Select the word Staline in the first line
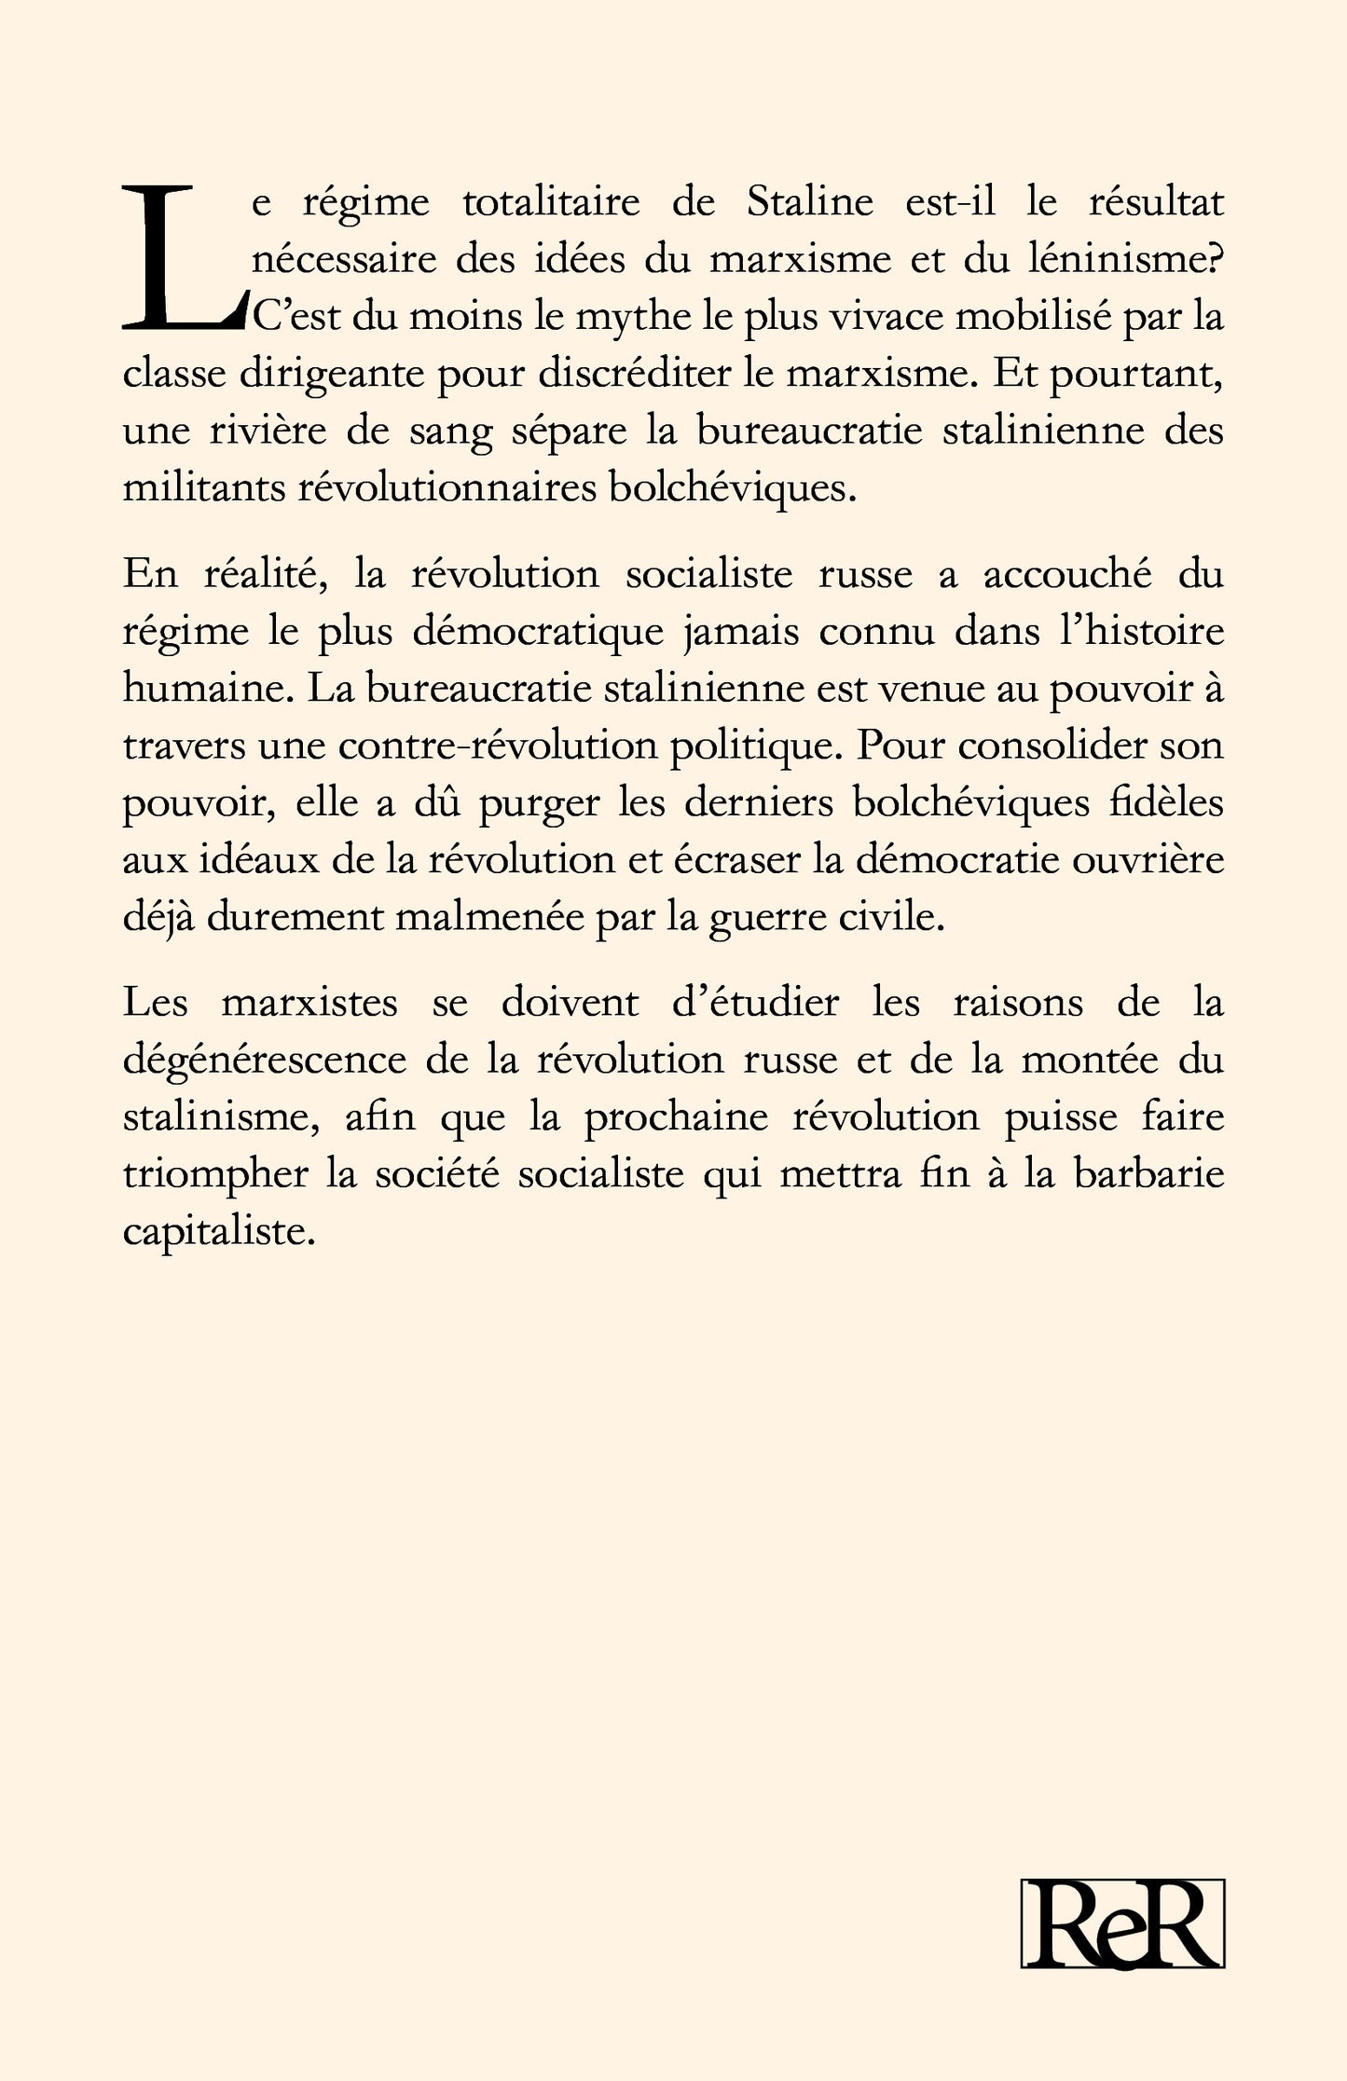[810, 203]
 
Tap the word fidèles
[1169, 803]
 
